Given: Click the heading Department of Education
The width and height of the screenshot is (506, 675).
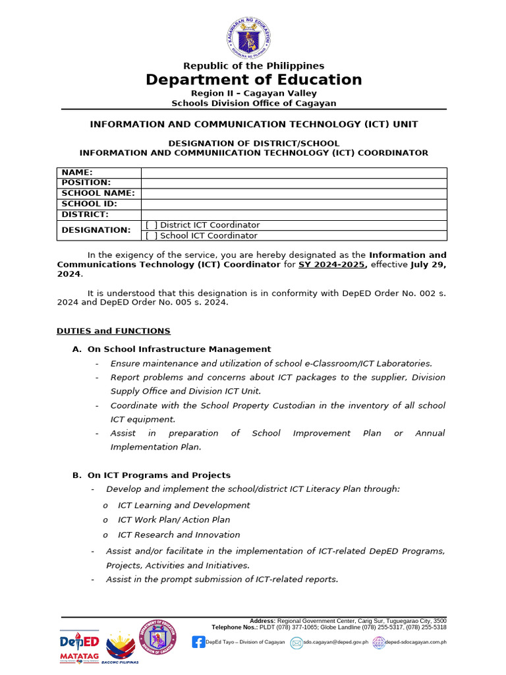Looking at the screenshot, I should point(254,80).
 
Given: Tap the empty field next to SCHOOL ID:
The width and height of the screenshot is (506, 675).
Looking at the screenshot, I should point(294,204).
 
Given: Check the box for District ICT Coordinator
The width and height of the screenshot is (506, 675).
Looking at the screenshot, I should point(152,225).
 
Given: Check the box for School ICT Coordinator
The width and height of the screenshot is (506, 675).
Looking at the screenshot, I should point(152,235).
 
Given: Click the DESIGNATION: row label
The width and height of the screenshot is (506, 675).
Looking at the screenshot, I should point(96,230).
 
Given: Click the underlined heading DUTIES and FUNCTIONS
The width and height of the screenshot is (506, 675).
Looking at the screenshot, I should point(113,331).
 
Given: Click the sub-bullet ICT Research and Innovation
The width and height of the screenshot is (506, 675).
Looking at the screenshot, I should point(179,535).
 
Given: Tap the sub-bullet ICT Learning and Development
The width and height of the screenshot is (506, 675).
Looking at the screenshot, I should point(184,505).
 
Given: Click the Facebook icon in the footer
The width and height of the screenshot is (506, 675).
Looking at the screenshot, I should point(198,641).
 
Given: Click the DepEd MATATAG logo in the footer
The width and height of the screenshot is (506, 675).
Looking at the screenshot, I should point(80,646).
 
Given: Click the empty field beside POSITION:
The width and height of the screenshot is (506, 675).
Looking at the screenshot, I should point(294,183).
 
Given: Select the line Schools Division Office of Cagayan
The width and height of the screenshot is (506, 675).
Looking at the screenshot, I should point(254,103).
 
